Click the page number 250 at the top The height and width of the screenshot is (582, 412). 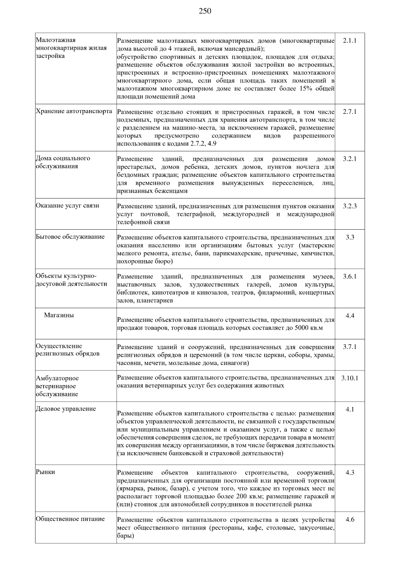(x=205, y=11)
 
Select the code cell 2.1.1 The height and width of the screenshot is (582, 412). (x=350, y=40)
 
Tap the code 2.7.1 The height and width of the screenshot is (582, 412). (x=350, y=112)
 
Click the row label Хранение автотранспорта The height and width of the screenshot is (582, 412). (x=74, y=111)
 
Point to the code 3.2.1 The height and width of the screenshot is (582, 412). (x=350, y=159)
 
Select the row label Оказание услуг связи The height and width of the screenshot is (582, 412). (x=68, y=206)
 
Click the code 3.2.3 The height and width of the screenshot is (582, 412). (x=350, y=206)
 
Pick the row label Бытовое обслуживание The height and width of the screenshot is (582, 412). (x=70, y=237)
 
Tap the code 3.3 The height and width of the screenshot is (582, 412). (x=350, y=237)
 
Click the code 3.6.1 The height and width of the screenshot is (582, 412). (x=350, y=277)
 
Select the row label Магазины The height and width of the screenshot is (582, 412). (x=59, y=315)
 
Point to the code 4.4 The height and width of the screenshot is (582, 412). (x=350, y=316)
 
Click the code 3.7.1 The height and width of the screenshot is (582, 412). (x=350, y=347)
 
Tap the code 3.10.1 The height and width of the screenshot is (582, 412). (x=350, y=378)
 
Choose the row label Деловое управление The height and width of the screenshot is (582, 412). (x=66, y=409)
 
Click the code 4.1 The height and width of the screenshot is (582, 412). (x=350, y=409)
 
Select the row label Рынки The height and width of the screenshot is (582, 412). (x=45, y=472)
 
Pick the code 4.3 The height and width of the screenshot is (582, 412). (x=350, y=473)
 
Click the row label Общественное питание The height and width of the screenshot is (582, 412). (x=70, y=519)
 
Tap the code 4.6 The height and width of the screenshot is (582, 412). (x=350, y=520)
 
